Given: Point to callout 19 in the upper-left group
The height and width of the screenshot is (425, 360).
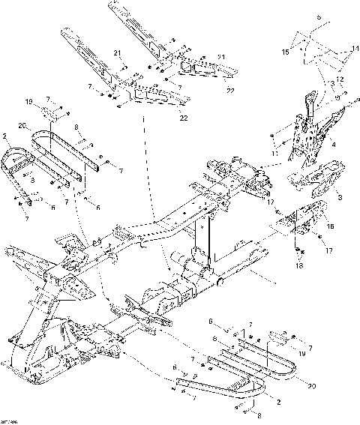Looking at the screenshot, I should (x=29, y=100).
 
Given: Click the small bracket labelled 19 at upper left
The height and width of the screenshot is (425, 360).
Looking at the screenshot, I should (x=49, y=112).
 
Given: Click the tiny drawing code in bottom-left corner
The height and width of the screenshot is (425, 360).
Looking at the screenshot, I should (x=10, y=421).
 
